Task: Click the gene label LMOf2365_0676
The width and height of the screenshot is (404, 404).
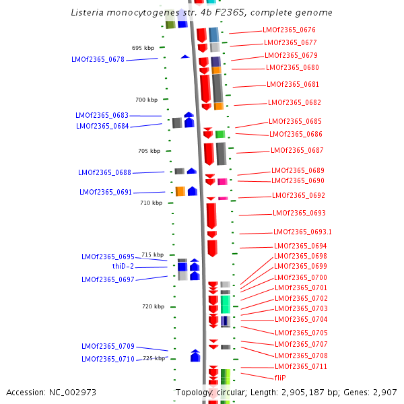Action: pyautogui.click(x=289, y=30)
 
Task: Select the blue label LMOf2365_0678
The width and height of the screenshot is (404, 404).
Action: pyautogui.click(x=98, y=59)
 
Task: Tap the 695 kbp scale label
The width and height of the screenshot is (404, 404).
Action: pyautogui.click(x=143, y=48)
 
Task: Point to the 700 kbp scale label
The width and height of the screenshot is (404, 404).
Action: pyautogui.click(x=146, y=100)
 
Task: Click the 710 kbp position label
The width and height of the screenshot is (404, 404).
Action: pyautogui.click(x=151, y=203)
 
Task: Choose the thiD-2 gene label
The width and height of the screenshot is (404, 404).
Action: pyautogui.click(x=123, y=267)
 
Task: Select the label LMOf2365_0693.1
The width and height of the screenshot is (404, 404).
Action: pyautogui.click(x=303, y=232)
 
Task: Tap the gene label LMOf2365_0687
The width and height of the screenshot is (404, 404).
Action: pyautogui.click(x=297, y=151)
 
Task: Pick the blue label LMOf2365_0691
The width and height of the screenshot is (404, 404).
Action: pyautogui.click(x=106, y=193)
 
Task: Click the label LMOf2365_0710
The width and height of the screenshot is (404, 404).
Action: pyautogui.click(x=108, y=359)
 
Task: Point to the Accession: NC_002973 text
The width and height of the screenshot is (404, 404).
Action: pyautogui.click(x=51, y=392)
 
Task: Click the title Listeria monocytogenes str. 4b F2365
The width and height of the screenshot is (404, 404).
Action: pyautogui.click(x=201, y=13)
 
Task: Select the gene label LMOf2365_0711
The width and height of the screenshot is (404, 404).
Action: pyautogui.click(x=301, y=367)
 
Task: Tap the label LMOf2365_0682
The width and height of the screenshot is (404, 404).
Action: pyautogui.click(x=294, y=103)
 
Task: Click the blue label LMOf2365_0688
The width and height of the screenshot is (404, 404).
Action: pyautogui.click(x=104, y=173)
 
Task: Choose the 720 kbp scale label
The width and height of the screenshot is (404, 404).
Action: pyautogui.click(x=153, y=306)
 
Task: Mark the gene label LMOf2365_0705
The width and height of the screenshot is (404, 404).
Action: pyautogui.click(x=301, y=333)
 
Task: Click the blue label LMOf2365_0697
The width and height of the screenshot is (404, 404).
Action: pyautogui.click(x=108, y=279)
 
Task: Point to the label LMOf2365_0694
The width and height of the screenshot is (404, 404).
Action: pyautogui.click(x=300, y=246)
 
